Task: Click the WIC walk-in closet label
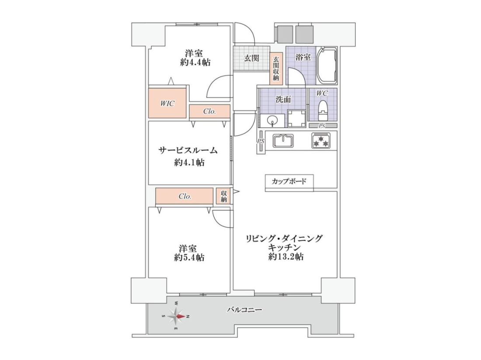tap(167, 104)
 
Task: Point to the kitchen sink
tap(283, 141)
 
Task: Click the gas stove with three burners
tap(321, 141)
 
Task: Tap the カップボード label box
tap(289, 181)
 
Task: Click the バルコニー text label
tap(244, 310)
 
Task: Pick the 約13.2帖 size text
tap(286, 257)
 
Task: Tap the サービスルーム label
tap(188, 150)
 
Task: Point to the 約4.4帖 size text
tap(195, 62)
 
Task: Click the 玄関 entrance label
tap(251, 58)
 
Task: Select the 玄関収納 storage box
tap(276, 68)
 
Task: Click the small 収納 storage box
tap(223, 197)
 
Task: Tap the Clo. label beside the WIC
tap(209, 111)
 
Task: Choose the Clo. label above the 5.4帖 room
tap(185, 197)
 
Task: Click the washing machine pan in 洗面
tap(296, 118)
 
